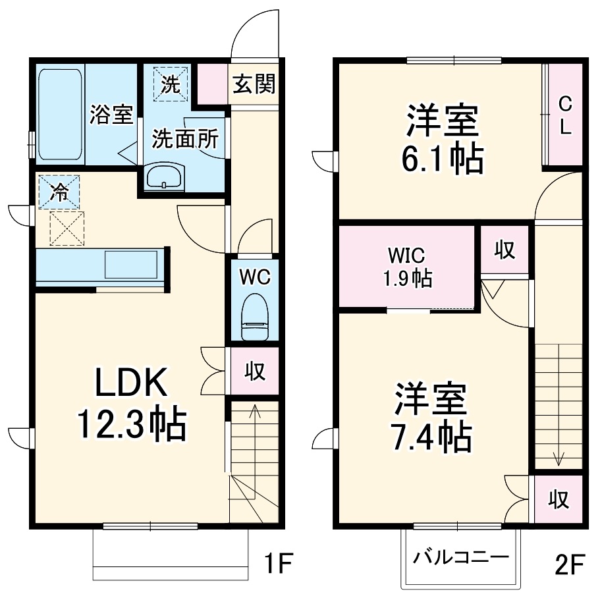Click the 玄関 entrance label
pos(254,84)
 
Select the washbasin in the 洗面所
pos(165,177)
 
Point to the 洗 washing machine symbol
pos(171,84)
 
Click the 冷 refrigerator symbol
pos(59,192)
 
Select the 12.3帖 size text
pos(132,424)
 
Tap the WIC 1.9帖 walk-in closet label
pos(408,267)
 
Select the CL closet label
pos(565,115)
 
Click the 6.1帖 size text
pos(441,159)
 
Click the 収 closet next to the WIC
pos(505,250)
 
